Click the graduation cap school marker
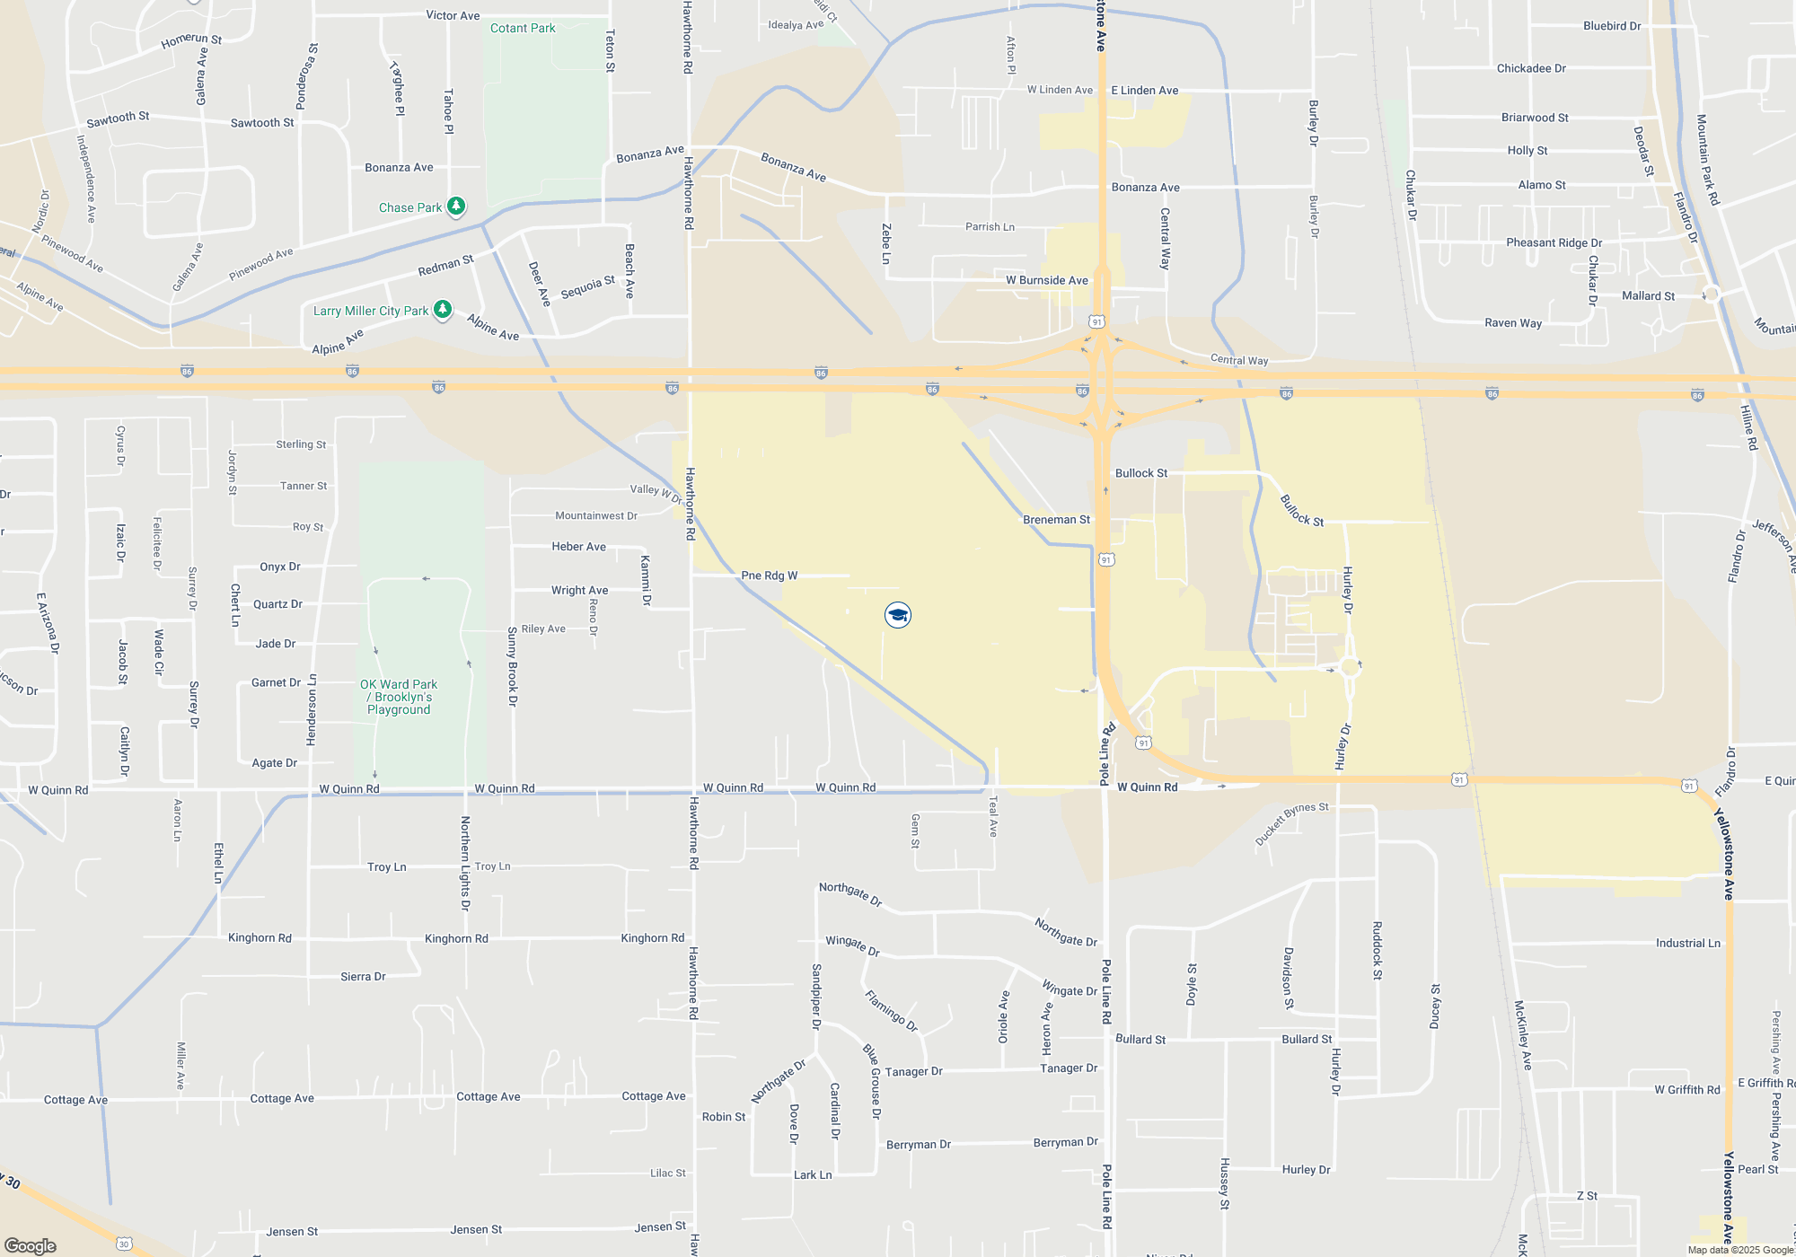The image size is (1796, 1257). pyautogui.click(x=898, y=615)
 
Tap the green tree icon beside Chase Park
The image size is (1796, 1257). pyautogui.click(x=456, y=207)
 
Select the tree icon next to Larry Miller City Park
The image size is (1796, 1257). pyautogui.click(x=443, y=310)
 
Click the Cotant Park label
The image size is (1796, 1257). pyautogui.click(x=523, y=28)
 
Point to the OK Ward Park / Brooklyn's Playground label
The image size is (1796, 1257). pyautogui.click(x=399, y=697)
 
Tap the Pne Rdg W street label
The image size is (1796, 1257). pyautogui.click(x=769, y=576)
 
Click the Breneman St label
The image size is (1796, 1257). pyautogui.click(x=1056, y=520)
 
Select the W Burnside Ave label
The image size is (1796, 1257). pyautogui.click(x=1046, y=280)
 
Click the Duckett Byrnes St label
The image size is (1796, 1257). pyautogui.click(x=1291, y=823)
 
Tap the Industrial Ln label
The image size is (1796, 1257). pyautogui.click(x=1688, y=943)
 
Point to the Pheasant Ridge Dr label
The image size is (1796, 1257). pyautogui.click(x=1554, y=242)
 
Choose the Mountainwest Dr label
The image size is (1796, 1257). pyautogui.click(x=595, y=515)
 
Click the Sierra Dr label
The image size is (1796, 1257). pyautogui.click(x=363, y=977)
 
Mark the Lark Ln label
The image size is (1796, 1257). pyautogui.click(x=813, y=1174)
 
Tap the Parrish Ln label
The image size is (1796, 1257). pyautogui.click(x=990, y=227)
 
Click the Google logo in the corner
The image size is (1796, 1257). pyautogui.click(x=31, y=1245)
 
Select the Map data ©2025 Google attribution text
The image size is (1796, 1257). pyautogui.click(x=1740, y=1250)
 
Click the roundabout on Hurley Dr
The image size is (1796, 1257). pyautogui.click(x=1350, y=666)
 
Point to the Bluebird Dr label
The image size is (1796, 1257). pyautogui.click(x=1612, y=26)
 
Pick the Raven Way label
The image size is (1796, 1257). pyautogui.click(x=1513, y=323)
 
